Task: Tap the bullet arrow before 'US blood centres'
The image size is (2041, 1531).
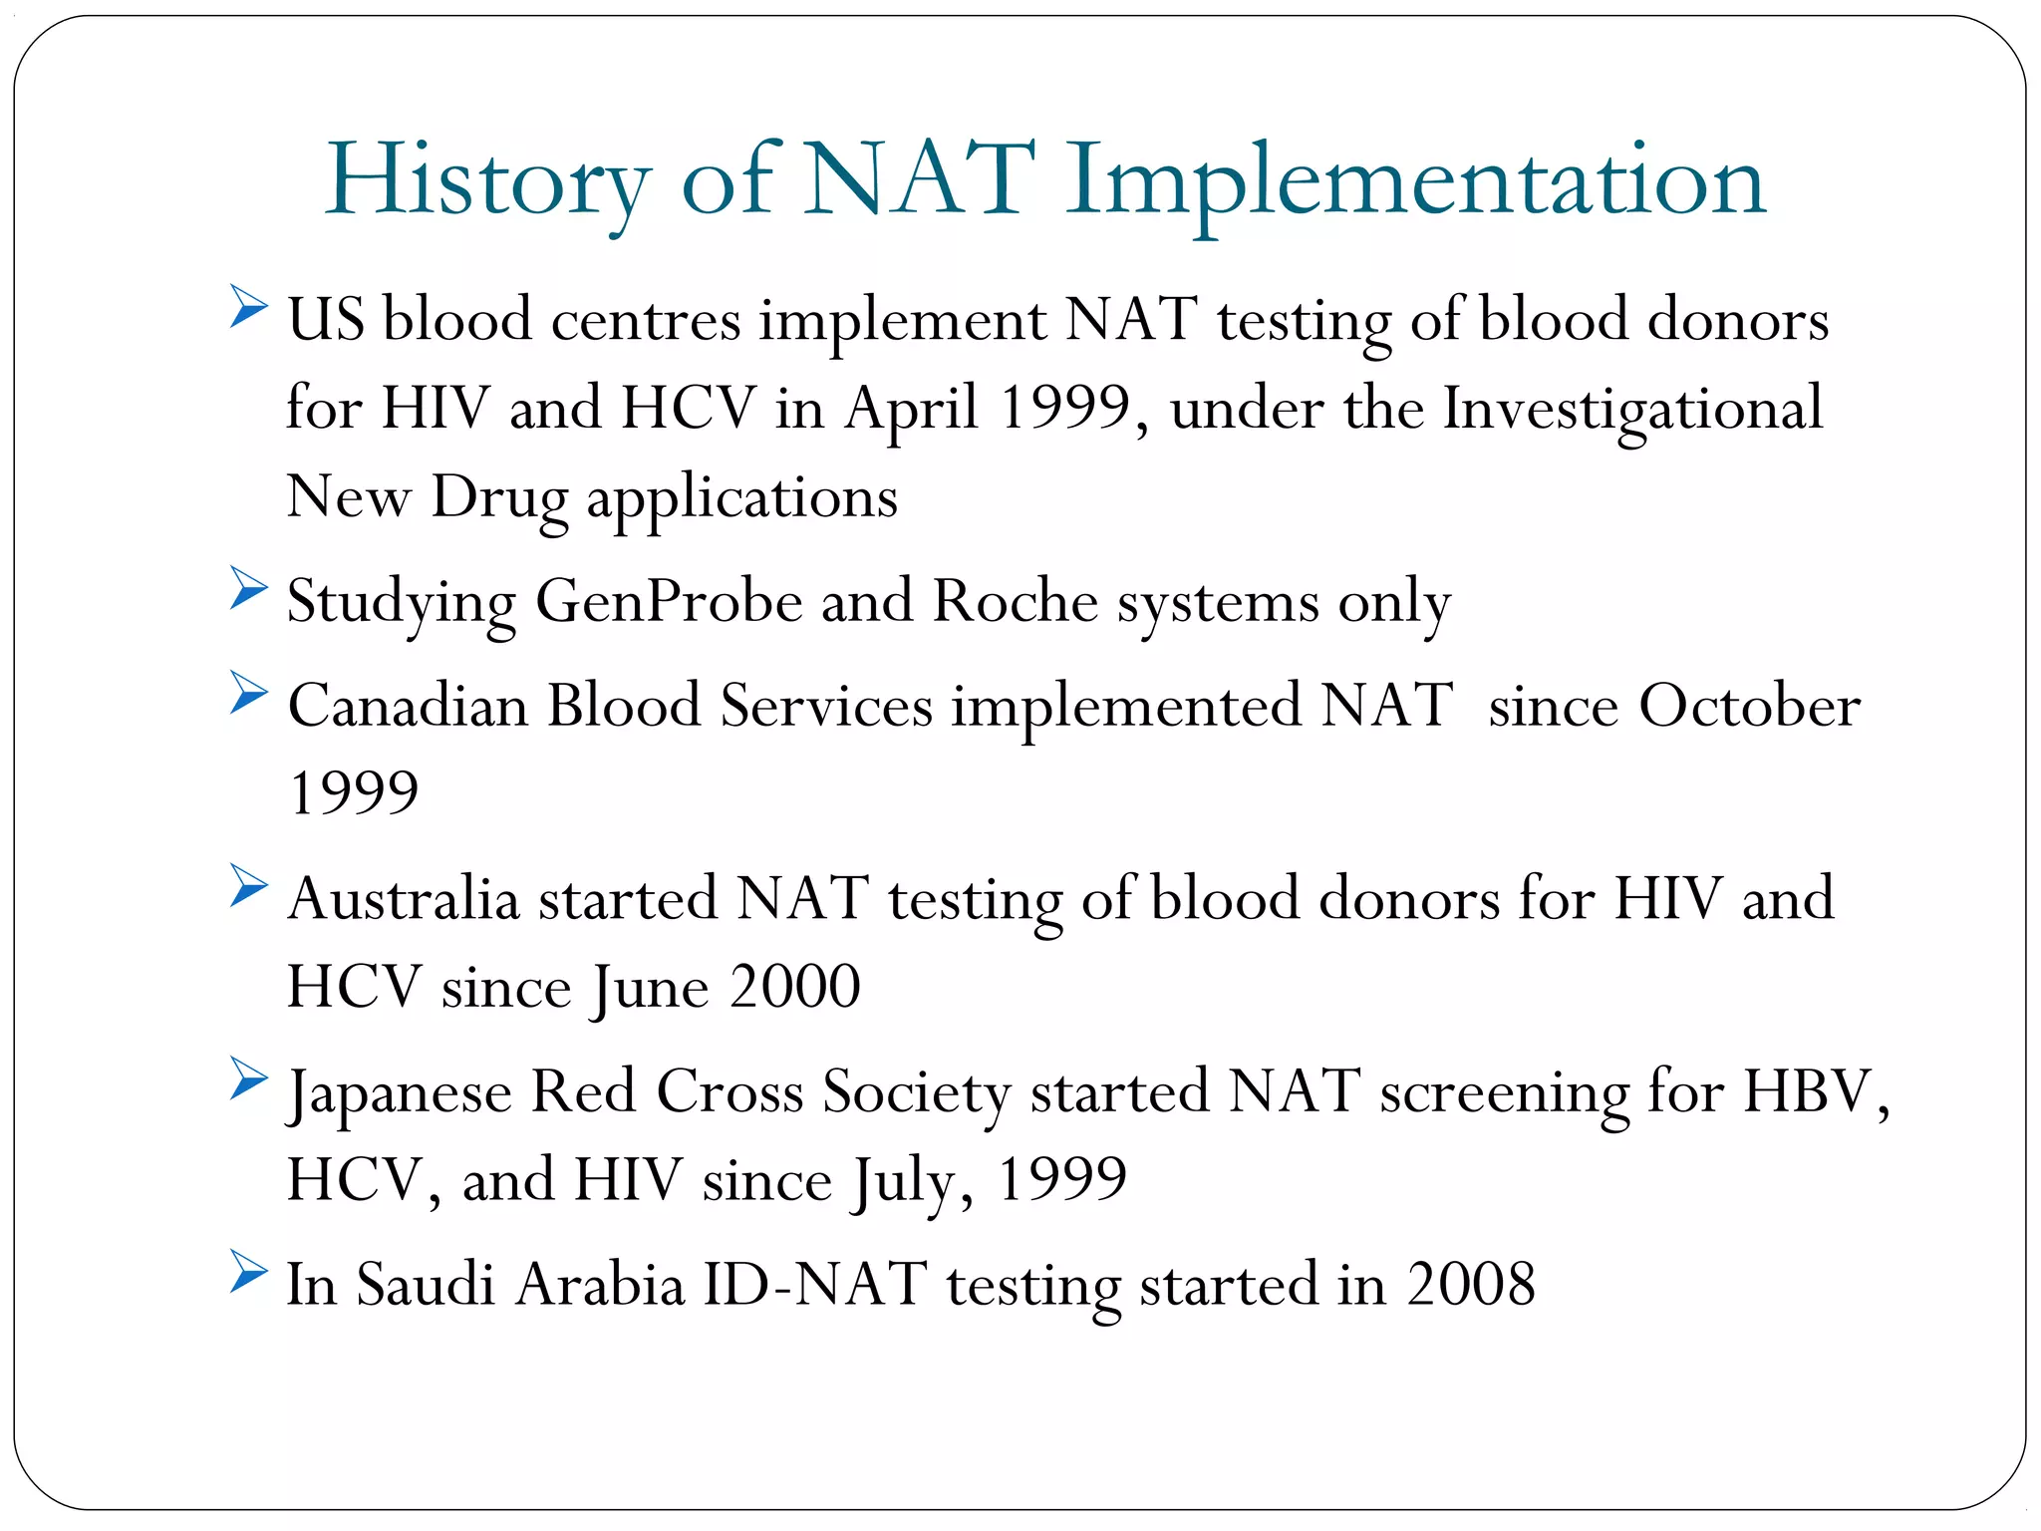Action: click(248, 306)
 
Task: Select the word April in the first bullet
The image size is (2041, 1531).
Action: click(912, 410)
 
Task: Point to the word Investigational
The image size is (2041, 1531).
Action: click(1632, 410)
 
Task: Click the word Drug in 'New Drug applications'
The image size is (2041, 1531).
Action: click(499, 497)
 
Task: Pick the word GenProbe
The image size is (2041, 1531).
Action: click(669, 602)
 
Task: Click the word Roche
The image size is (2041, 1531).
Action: click(1015, 602)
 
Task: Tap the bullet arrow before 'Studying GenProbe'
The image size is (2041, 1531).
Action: click(248, 588)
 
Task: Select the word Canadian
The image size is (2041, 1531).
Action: click(408, 707)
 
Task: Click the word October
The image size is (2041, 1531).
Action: click(1749, 707)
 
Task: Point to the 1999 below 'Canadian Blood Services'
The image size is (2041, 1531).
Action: click(354, 793)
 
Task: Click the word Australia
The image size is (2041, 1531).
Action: click(404, 899)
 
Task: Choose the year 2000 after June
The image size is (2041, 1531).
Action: click(794, 987)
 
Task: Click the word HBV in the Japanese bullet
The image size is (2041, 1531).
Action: click(1814, 1092)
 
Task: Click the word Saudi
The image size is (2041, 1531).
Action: click(426, 1285)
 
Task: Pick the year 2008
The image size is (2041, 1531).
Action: click(1471, 1285)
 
